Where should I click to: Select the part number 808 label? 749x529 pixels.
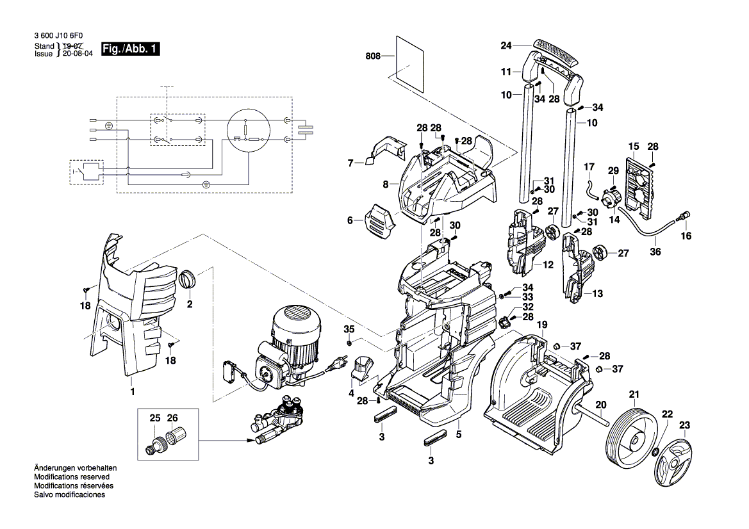[372, 56]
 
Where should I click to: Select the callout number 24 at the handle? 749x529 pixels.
[506, 45]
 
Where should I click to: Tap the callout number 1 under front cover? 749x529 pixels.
[132, 391]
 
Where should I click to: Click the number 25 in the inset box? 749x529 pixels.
[154, 418]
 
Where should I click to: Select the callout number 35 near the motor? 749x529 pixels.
[349, 329]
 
